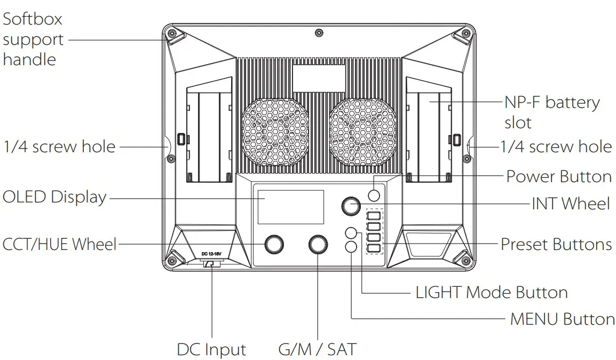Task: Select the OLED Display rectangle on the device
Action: (290, 207)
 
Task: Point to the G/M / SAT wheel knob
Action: (318, 245)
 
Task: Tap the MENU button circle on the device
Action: (351, 247)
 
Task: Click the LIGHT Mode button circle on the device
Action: (351, 233)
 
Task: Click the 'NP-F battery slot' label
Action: (551, 112)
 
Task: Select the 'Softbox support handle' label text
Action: (33, 39)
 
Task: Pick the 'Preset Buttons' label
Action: (556, 245)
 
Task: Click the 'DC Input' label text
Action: (211, 350)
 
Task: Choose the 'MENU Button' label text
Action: (562, 319)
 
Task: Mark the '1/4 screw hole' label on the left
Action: (59, 147)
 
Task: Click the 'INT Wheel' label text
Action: (570, 204)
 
